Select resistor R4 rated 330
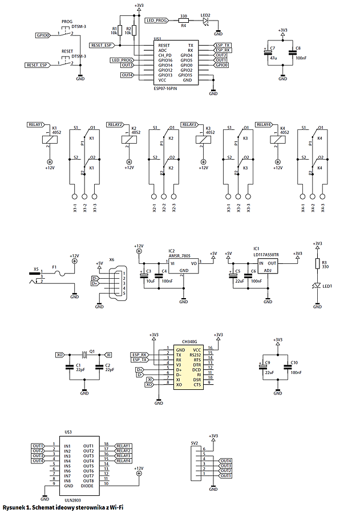coord(184,21)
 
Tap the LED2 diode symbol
coord(206,21)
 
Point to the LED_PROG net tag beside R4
coord(157,21)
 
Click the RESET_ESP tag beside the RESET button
coord(36,66)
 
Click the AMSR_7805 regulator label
coord(178,256)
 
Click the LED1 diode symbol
coord(317,286)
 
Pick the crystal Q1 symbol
coord(84,354)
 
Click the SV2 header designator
coord(194,442)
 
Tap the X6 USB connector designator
coord(111,259)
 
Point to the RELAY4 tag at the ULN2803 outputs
coord(123,461)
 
